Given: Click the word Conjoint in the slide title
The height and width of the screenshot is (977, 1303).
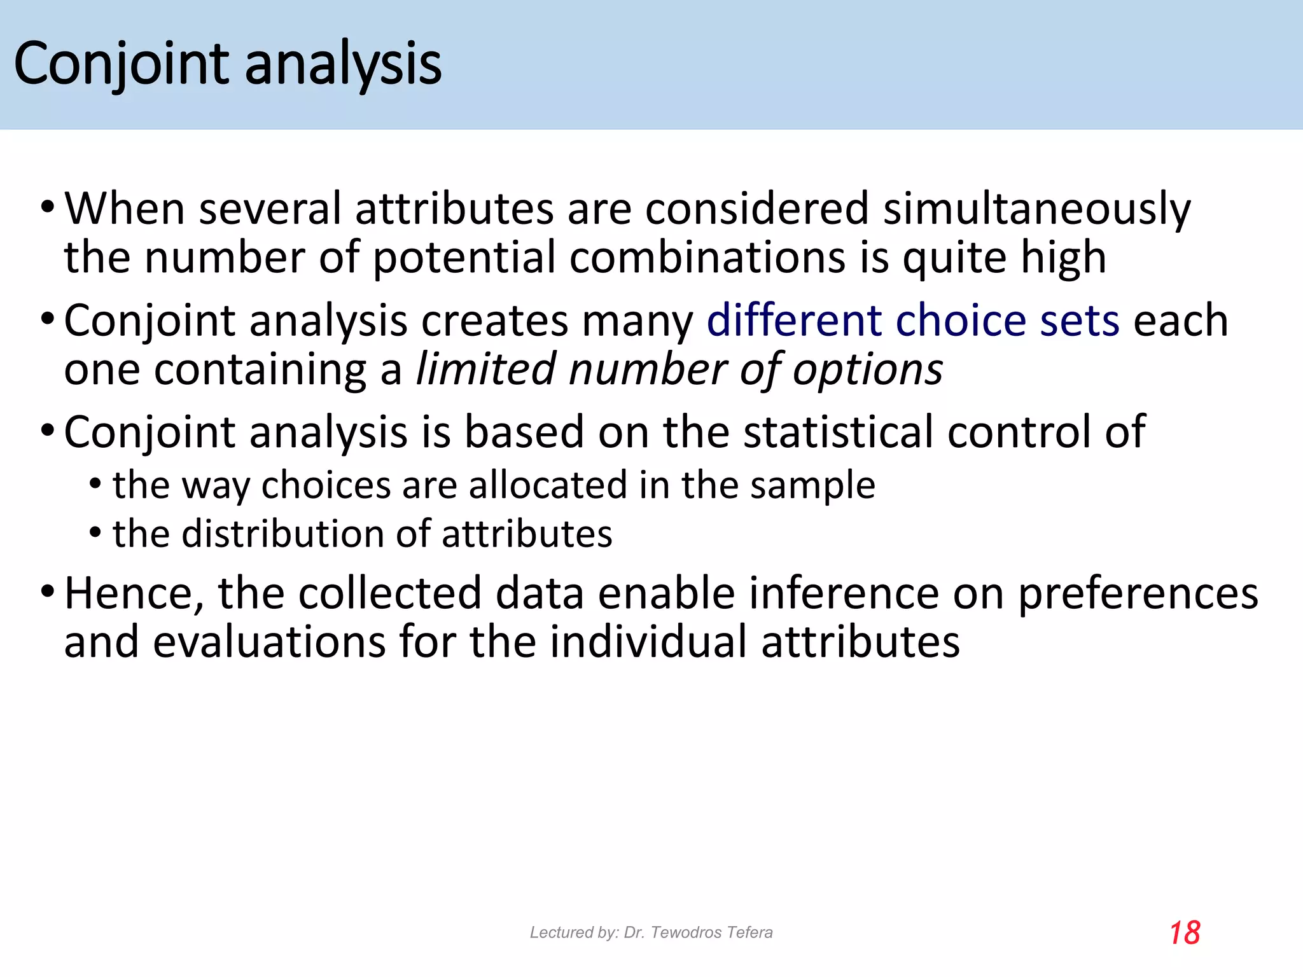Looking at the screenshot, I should (x=121, y=64).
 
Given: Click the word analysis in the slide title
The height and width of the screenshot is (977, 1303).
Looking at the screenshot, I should (x=343, y=64).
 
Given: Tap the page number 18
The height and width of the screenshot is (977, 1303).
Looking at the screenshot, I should (x=1184, y=933).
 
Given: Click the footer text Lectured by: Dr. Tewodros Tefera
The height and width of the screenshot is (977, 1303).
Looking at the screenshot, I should (x=651, y=932).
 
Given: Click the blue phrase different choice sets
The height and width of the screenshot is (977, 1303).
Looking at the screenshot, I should (x=913, y=321).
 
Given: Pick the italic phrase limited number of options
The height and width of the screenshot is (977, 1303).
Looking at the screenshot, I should (x=679, y=370).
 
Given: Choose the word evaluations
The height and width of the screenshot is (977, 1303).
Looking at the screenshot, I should (x=269, y=642).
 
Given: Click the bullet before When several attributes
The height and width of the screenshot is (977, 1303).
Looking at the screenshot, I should (x=47, y=208).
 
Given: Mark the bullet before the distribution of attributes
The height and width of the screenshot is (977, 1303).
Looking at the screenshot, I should (x=95, y=533).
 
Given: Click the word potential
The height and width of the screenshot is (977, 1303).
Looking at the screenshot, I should (x=464, y=258).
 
